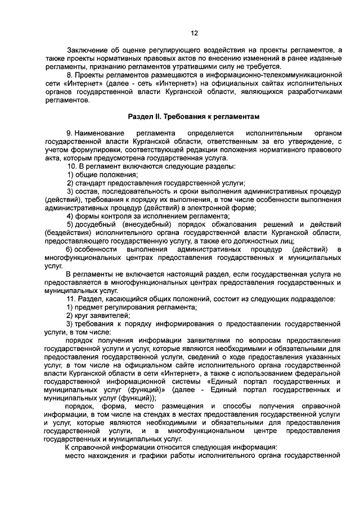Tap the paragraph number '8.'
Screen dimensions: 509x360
pyautogui.click(x=69, y=74)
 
